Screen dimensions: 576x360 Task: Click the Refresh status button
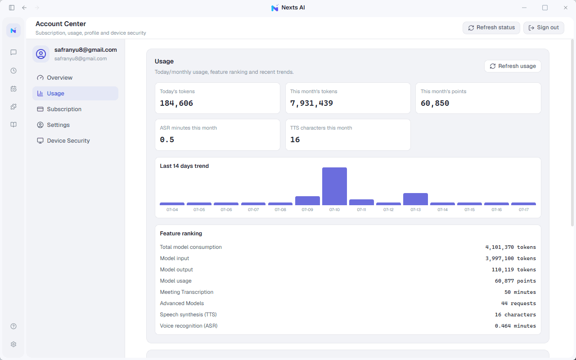click(491, 27)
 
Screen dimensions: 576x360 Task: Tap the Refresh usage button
click(513, 66)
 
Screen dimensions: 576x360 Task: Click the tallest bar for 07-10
click(334, 186)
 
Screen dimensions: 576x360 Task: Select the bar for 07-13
click(415, 199)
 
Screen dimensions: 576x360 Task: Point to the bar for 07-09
click(307, 201)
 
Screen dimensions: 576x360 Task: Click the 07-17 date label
click(523, 210)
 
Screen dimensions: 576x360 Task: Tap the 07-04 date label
click(172, 210)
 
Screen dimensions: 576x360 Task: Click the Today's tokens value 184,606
click(176, 103)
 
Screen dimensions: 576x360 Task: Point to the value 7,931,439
click(311, 103)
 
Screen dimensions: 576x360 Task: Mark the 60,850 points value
click(435, 103)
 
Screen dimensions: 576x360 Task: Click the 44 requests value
click(518, 303)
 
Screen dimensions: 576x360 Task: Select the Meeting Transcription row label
click(187, 292)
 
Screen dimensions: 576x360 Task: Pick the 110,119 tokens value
click(514, 270)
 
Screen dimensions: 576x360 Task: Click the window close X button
click(566, 8)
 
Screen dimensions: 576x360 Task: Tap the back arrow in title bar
click(24, 8)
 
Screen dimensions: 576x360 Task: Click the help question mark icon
click(13, 326)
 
